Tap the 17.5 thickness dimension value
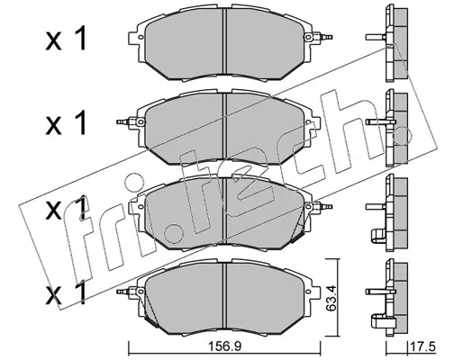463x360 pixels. coord(422,346)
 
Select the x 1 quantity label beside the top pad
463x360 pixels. coord(66,39)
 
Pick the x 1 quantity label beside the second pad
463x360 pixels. coord(66,122)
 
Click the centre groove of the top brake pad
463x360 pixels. coord(224,41)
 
